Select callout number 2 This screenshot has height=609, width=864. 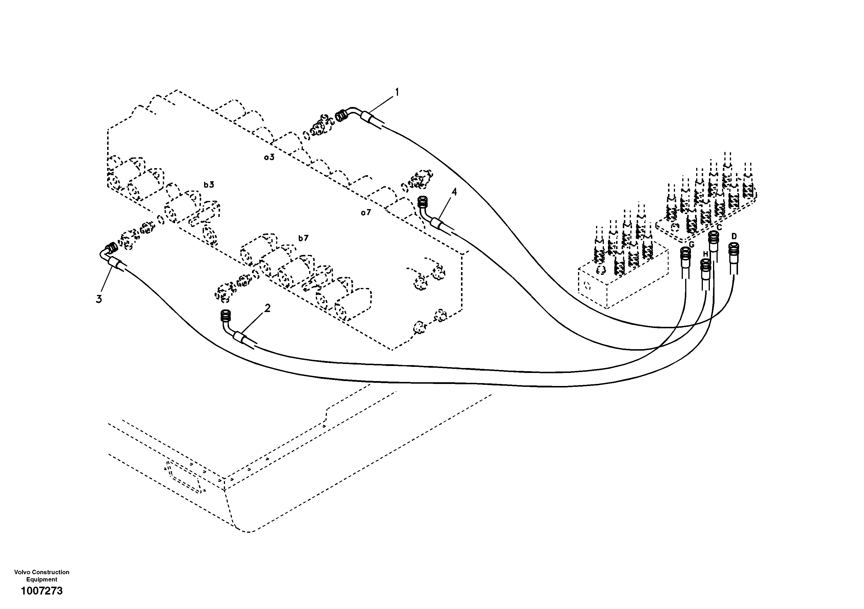[x=267, y=308]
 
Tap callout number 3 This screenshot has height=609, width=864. [x=99, y=299]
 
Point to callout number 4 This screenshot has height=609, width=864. [x=454, y=192]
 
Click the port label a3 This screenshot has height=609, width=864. [x=269, y=157]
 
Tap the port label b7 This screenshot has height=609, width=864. [x=303, y=238]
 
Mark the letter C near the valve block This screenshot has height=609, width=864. [x=719, y=227]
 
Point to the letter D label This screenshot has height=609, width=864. [x=734, y=236]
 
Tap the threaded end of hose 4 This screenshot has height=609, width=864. [x=423, y=203]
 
